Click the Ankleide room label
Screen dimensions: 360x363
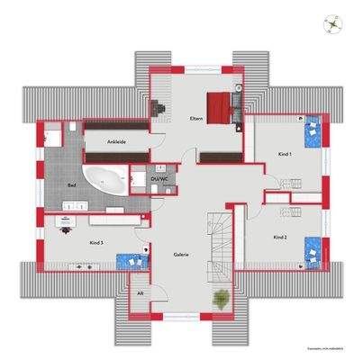click(116, 141)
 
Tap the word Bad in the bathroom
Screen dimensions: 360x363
click(71, 185)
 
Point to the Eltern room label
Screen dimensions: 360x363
click(195, 119)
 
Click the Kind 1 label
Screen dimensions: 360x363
click(285, 155)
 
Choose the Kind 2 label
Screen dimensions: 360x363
click(279, 237)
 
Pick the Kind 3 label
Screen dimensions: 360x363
click(96, 243)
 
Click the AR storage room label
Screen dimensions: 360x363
click(141, 293)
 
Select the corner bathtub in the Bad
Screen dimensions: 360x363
click(105, 179)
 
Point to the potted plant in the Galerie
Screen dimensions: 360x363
click(218, 299)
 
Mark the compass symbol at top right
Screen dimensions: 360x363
click(332, 24)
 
